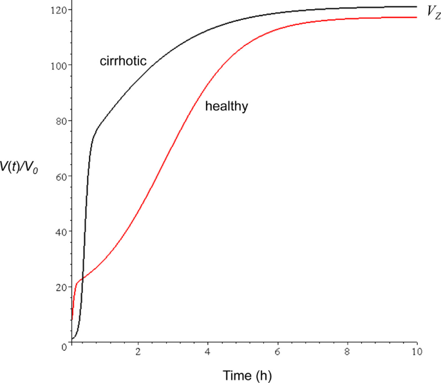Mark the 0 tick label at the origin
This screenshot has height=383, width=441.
(64, 347)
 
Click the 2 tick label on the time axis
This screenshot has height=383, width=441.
(138, 352)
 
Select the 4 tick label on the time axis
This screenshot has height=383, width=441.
(207, 352)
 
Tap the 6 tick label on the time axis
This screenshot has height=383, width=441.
(277, 352)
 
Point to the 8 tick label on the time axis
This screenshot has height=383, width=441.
(346, 352)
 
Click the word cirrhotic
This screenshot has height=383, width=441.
(124, 62)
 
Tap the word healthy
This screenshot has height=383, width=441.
(227, 107)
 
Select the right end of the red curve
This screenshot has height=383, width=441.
(417, 17)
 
